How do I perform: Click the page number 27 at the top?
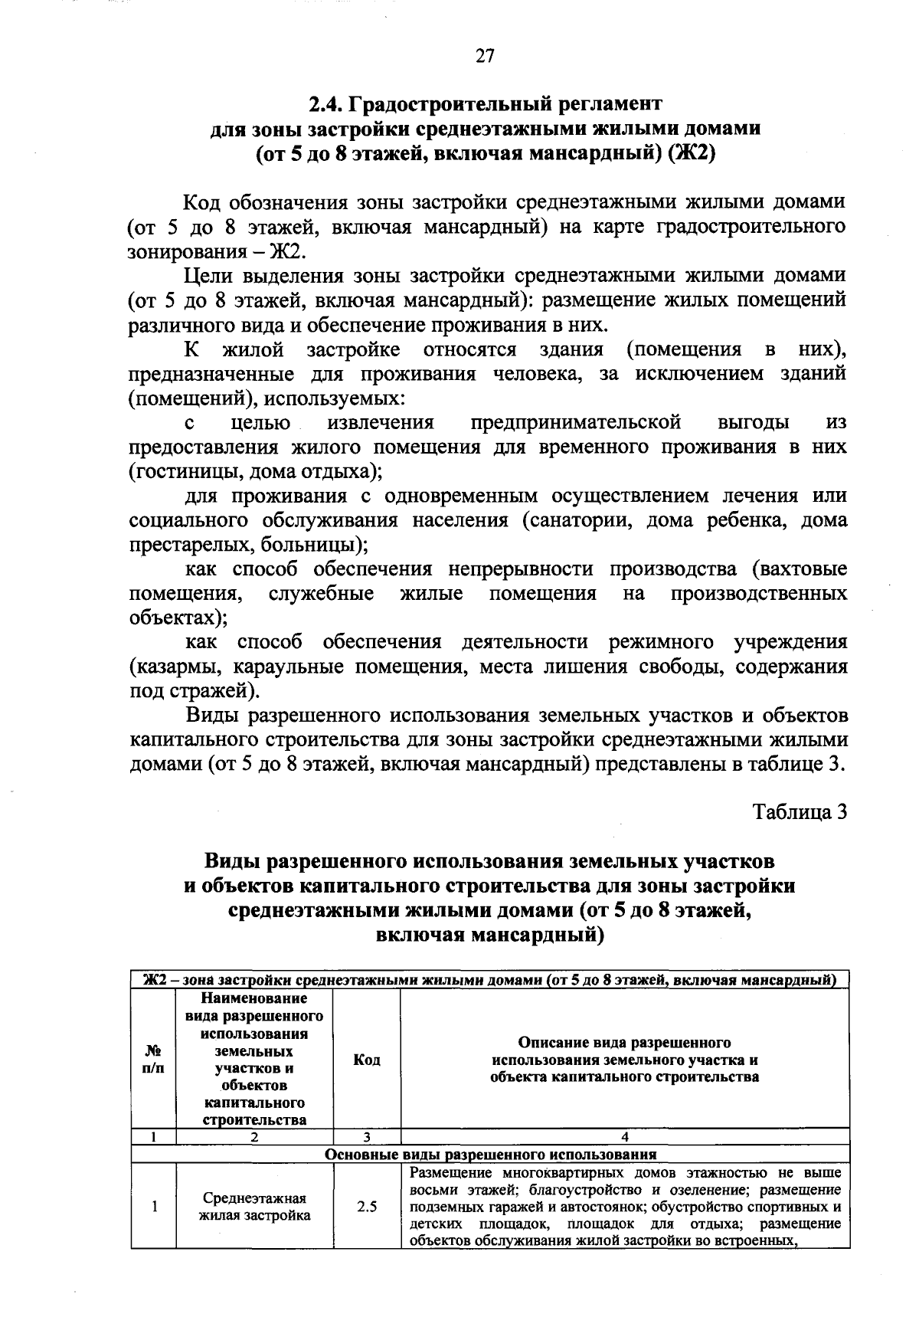pos(486,55)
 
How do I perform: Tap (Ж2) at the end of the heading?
pos(691,152)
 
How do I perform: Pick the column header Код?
pos(367,1060)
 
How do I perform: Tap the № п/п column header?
pos(153,1060)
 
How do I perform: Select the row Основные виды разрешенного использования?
pos(490,1155)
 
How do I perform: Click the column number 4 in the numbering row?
pos(625,1138)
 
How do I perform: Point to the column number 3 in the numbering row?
pos(367,1138)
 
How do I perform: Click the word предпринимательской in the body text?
pos(576,422)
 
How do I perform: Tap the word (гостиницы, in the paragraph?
pos(179,471)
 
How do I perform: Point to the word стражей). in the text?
pos(216,691)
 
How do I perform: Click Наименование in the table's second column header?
pos(254,998)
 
